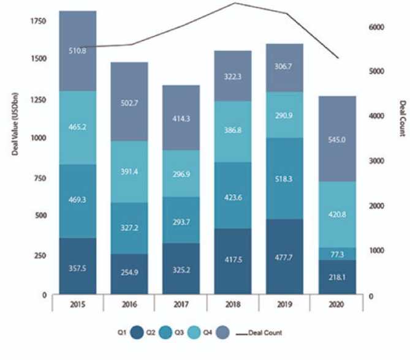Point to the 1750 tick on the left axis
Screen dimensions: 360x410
(x=38, y=23)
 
